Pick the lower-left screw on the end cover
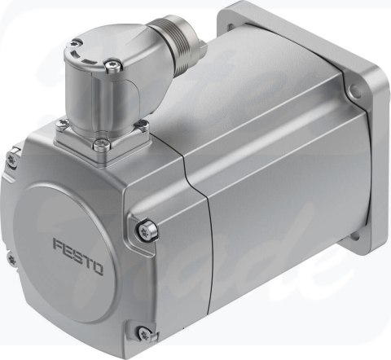pyautogui.click(x=11, y=260)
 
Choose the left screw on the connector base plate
pyautogui.click(x=60, y=123)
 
